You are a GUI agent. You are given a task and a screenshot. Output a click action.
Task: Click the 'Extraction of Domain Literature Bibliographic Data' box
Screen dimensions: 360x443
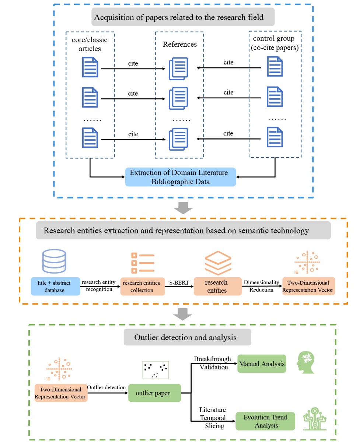(x=180, y=177)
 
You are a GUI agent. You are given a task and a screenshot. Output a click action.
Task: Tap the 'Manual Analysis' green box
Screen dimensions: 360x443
(x=262, y=363)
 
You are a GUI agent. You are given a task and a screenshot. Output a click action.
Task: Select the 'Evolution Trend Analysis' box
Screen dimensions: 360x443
(x=265, y=421)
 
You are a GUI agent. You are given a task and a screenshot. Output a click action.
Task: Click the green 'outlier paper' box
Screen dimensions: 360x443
(x=154, y=393)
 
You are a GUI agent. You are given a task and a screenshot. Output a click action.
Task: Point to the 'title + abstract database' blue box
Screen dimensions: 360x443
(x=55, y=286)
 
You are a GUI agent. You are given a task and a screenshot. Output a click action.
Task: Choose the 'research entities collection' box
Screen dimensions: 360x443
(x=143, y=286)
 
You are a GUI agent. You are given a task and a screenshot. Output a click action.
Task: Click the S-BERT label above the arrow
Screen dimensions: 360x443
(x=179, y=283)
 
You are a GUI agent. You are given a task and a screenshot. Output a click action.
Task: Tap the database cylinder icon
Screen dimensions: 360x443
(x=54, y=261)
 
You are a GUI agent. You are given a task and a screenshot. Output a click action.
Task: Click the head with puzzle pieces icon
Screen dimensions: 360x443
(x=305, y=362)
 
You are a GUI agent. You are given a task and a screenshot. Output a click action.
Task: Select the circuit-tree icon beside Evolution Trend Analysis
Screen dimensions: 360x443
(x=315, y=418)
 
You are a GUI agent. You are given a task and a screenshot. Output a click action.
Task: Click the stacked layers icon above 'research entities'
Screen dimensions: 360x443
(x=218, y=263)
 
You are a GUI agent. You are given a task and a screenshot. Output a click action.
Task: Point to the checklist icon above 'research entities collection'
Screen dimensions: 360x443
(x=143, y=263)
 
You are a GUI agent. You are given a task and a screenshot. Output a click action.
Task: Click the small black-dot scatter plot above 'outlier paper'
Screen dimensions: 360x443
(x=155, y=370)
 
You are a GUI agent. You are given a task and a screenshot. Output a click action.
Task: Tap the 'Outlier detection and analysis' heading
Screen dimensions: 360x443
(x=185, y=337)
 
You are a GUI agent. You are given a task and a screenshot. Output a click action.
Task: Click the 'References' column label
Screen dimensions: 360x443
(x=179, y=44)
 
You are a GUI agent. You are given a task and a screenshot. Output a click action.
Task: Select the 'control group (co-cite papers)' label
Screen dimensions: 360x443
(x=275, y=43)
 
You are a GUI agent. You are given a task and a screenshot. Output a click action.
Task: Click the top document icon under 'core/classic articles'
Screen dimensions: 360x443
(x=90, y=67)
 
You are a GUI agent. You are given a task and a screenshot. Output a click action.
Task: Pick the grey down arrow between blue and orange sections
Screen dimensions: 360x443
(x=183, y=208)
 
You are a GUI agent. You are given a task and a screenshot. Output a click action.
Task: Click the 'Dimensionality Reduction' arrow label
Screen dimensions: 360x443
(x=261, y=286)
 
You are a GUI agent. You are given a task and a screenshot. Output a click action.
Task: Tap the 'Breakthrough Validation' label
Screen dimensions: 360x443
(x=213, y=363)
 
